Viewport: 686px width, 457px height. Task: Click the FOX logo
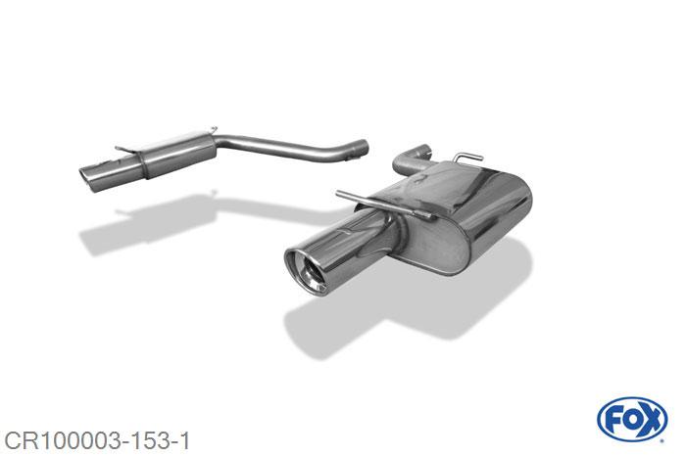pos(632,420)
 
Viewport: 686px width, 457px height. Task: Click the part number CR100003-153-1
pos(97,441)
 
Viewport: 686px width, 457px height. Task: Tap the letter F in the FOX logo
pos(611,420)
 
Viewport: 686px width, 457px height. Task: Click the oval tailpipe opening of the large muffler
pos(306,272)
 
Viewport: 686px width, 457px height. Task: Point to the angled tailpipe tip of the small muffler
pos(92,178)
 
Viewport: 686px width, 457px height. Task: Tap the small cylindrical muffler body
pos(178,153)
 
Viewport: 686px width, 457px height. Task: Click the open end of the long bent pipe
pos(363,148)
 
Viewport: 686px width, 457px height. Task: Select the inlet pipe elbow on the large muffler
pos(412,159)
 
